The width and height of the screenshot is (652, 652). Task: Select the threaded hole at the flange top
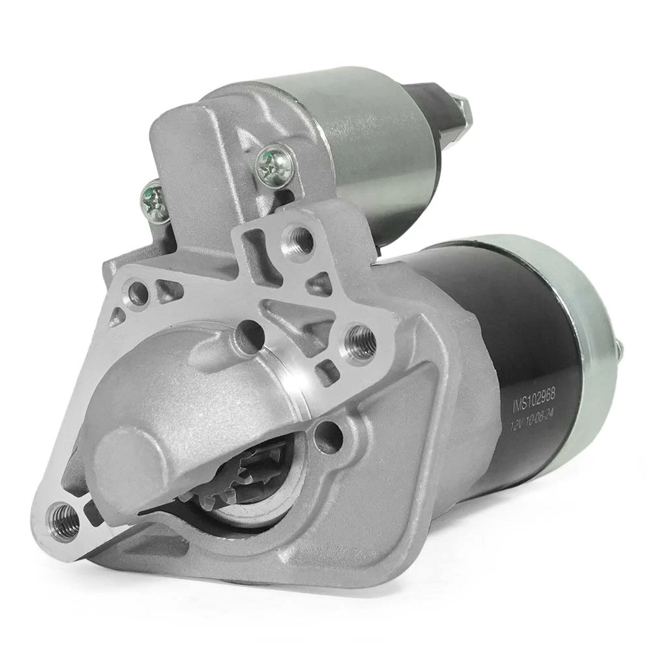(x=298, y=237)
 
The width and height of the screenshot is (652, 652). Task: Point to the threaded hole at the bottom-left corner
(x=63, y=517)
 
